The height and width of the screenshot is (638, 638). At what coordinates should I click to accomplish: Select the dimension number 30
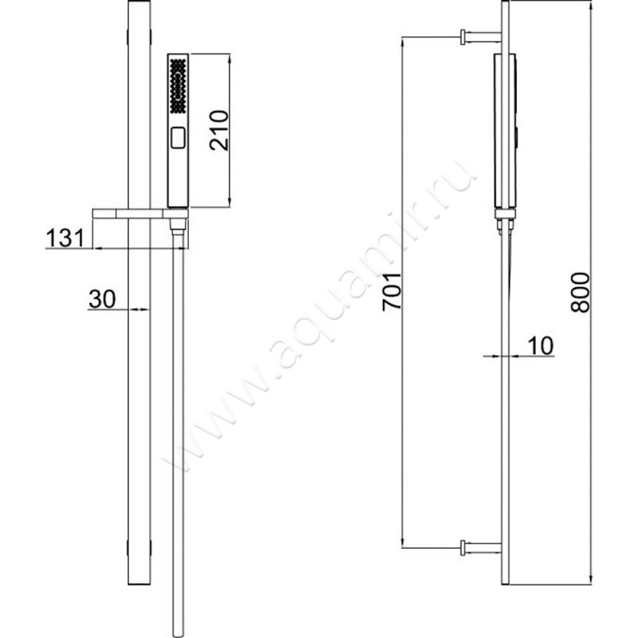[x=100, y=299]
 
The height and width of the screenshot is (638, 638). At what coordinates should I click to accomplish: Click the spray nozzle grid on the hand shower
[x=178, y=87]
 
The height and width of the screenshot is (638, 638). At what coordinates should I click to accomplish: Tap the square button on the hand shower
[x=178, y=137]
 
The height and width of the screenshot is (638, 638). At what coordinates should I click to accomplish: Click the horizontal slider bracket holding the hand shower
[x=132, y=213]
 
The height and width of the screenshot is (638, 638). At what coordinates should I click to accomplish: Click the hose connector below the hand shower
[x=179, y=231]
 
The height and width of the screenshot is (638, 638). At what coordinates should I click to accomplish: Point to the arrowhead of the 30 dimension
[x=143, y=310]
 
